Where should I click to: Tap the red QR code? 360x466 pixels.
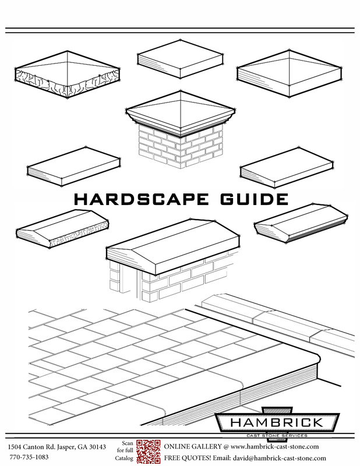tap(149, 451)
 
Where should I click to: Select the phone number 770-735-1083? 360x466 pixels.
tap(29, 458)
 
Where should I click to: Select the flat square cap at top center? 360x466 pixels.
tap(180, 59)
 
